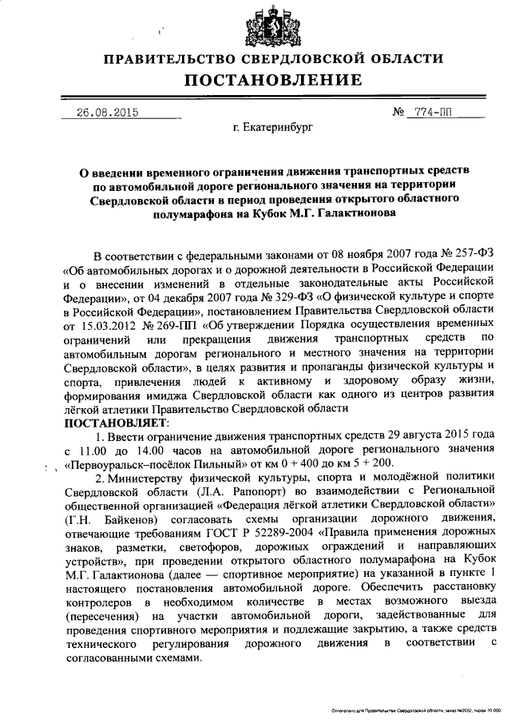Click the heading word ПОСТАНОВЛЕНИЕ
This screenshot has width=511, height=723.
(273, 80)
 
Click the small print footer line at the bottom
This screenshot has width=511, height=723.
(414, 709)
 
